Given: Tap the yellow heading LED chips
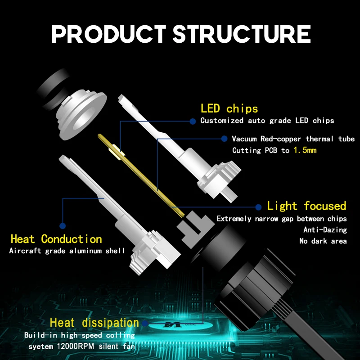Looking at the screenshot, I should [x=229, y=108].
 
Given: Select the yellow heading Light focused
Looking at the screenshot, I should [x=306, y=206].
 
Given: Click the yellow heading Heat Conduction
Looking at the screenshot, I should [x=56, y=239].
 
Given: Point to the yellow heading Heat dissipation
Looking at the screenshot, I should [x=94, y=322].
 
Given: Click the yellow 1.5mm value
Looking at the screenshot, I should [x=305, y=150].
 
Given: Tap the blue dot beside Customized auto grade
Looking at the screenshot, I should [x=192, y=121].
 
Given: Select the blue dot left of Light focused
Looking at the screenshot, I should [x=258, y=207].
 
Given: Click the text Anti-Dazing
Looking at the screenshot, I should [x=325, y=230].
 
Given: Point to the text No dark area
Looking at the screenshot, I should [x=323, y=241].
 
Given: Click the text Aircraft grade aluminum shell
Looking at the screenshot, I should [x=67, y=251].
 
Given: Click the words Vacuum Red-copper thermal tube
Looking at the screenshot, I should [x=293, y=139].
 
